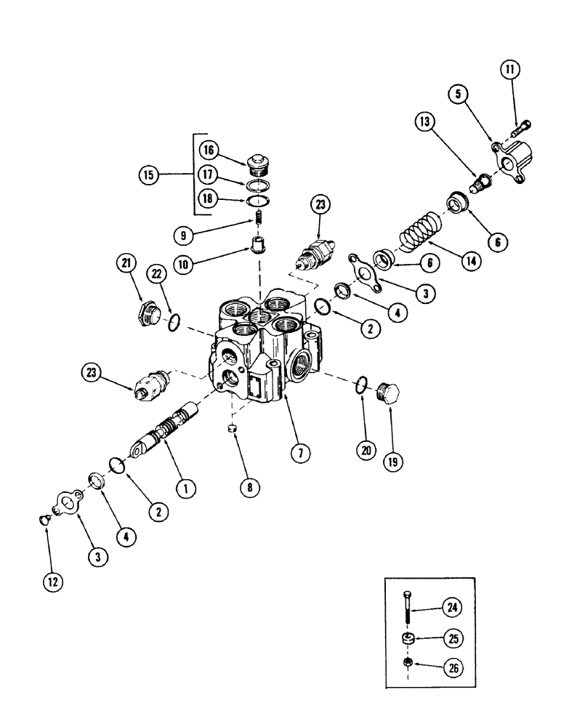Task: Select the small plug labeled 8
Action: point(233,430)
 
